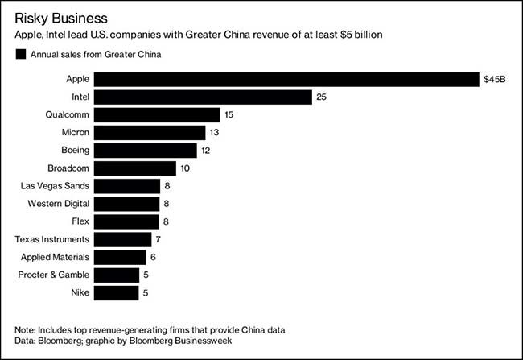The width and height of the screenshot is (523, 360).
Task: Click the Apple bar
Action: pyautogui.click(x=286, y=79)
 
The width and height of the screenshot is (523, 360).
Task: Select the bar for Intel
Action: pyautogui.click(x=203, y=97)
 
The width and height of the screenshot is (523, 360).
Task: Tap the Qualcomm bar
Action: pyautogui.click(x=157, y=114)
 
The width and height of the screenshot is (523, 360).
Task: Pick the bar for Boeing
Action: pyautogui.click(x=145, y=151)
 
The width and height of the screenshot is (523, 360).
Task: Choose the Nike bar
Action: pyautogui.click(x=116, y=292)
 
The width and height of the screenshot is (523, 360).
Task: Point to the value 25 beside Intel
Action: pyautogui.click(x=322, y=97)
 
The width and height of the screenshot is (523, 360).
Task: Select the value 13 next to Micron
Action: pyautogui.click(x=215, y=133)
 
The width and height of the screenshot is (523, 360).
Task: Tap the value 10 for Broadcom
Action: pyautogui.click(x=186, y=168)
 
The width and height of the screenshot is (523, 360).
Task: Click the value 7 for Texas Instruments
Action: pyautogui.click(x=159, y=239)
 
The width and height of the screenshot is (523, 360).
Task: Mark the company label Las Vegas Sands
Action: pyautogui.click(x=56, y=186)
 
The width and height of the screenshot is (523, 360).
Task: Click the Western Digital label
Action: pyautogui.click(x=58, y=204)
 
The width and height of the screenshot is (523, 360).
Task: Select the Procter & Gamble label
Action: pyautogui.click(x=52, y=275)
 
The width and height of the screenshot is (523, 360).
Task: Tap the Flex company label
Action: pyautogui.click(x=80, y=221)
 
